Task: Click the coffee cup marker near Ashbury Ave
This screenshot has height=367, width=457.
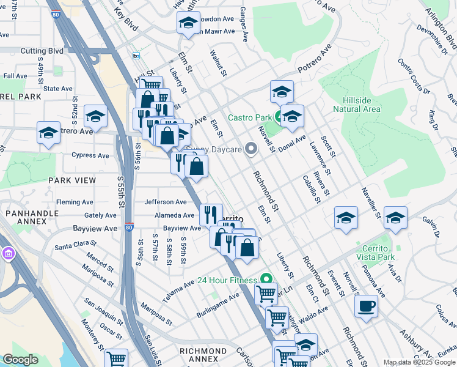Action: click(x=367, y=306)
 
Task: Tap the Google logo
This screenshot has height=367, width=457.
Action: click(x=21, y=360)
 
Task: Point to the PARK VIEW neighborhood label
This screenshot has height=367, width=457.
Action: click(x=72, y=180)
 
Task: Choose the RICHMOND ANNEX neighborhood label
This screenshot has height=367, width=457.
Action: click(x=203, y=351)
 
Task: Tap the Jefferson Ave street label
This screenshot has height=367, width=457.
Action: click(x=165, y=202)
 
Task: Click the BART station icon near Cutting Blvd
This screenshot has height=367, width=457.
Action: click(x=136, y=56)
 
